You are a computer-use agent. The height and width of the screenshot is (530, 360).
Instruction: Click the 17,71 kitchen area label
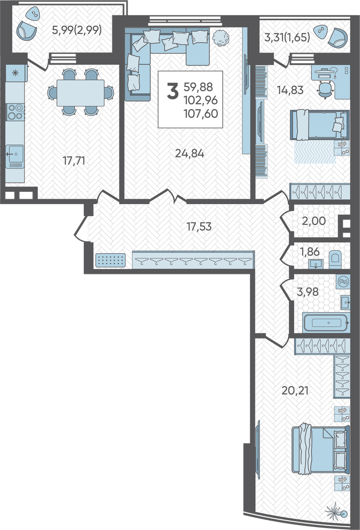[74, 161]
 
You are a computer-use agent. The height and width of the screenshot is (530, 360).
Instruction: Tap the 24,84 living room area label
[189, 154]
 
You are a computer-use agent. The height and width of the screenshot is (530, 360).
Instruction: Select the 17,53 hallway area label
[199, 226]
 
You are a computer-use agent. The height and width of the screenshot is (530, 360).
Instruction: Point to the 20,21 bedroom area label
[295, 391]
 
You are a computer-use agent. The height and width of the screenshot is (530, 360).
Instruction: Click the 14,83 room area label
[290, 90]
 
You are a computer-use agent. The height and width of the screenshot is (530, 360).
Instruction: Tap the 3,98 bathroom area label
[308, 291]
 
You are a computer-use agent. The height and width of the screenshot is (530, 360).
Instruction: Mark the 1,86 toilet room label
[309, 252]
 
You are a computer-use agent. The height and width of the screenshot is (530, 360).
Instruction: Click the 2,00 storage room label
[314, 221]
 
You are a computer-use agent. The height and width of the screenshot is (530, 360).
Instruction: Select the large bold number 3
[173, 91]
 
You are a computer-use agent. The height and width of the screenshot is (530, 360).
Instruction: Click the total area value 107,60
[201, 113]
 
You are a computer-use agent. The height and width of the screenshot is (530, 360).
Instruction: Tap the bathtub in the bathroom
[326, 323]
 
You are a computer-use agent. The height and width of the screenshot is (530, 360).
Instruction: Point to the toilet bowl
[335, 260]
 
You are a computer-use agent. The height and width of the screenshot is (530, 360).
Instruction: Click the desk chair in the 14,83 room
[325, 89]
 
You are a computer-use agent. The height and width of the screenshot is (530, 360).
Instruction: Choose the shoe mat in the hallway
[110, 260]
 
